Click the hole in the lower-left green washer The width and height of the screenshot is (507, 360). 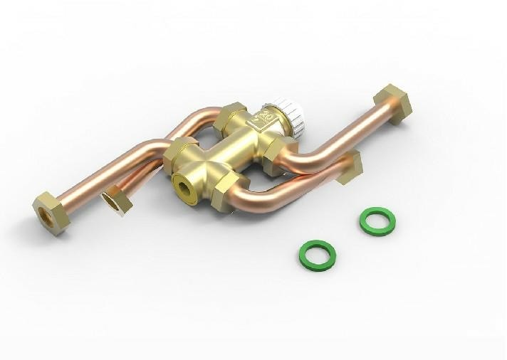[317, 254]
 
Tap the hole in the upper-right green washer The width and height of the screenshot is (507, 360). [377, 221]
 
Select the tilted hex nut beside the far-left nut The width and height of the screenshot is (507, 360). [116, 200]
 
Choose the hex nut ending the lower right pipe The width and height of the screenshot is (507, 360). [350, 166]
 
